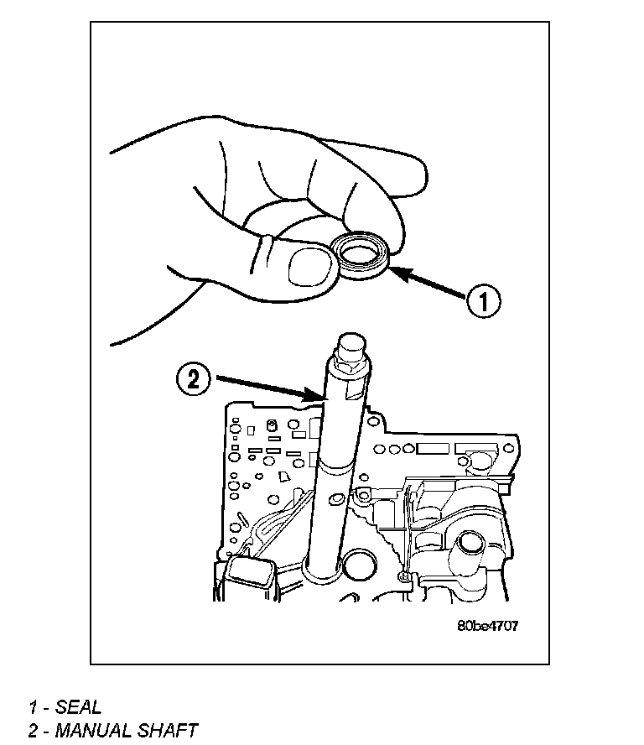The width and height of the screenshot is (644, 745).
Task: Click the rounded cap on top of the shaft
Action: coord(350,346)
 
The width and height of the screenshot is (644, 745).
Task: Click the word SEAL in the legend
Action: coord(78,707)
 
